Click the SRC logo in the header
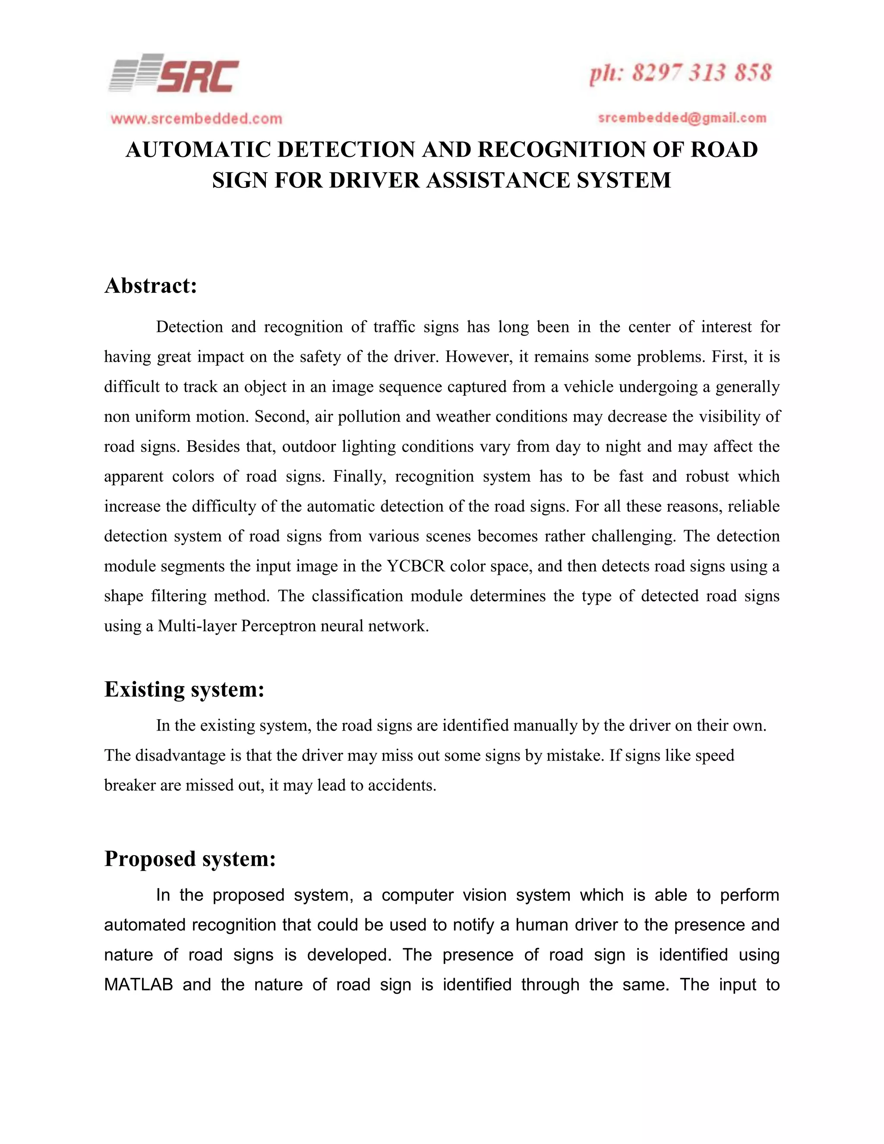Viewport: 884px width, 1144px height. pos(174,74)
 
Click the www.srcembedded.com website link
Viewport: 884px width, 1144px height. pos(196,119)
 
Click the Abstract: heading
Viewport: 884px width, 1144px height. pos(151,286)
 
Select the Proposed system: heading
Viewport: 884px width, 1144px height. pos(189,859)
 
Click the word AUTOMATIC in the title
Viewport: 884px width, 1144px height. pos(198,150)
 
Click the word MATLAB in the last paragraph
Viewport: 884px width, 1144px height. pos(138,985)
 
